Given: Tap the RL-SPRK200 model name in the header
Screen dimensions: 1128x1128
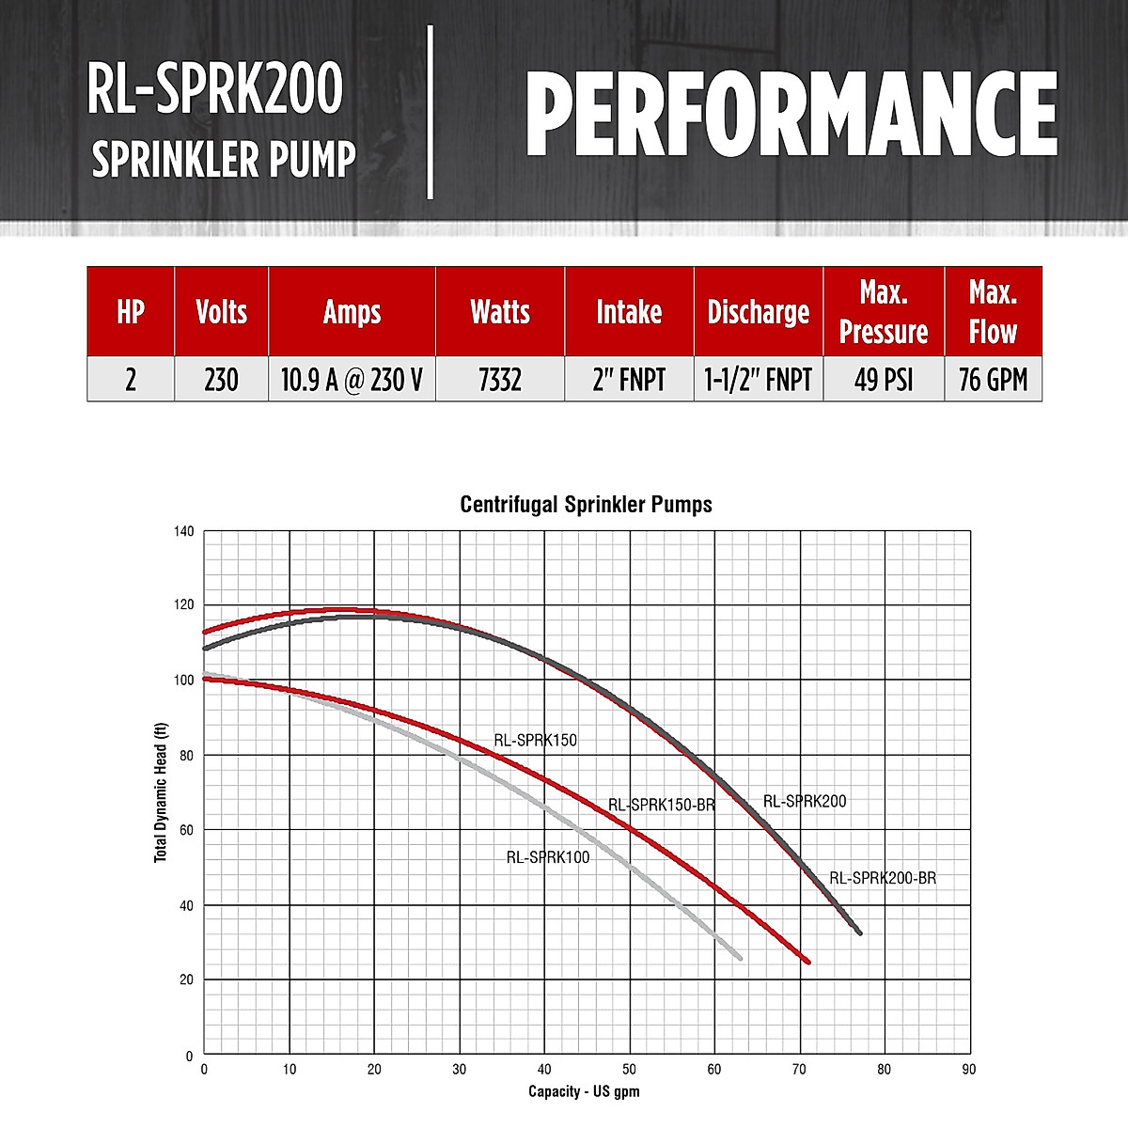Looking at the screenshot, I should point(215,90).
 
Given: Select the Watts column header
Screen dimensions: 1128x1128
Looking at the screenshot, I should point(500,312).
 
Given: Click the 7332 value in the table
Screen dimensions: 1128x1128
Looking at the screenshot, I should point(500,380).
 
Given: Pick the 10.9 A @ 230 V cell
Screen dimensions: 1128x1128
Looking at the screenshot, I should point(352,380).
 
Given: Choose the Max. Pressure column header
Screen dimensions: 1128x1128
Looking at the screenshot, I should point(884,312).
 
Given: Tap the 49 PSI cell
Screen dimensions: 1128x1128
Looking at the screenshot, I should point(884,380).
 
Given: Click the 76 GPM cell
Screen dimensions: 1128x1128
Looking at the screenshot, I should point(993,380).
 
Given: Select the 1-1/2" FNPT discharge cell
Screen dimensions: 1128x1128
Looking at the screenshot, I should point(759,380).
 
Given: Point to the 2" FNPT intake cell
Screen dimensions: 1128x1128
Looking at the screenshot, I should point(629,380).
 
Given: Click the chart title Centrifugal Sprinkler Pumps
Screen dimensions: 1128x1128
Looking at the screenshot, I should point(586,505).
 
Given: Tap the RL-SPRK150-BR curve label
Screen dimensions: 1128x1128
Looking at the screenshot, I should point(662,806).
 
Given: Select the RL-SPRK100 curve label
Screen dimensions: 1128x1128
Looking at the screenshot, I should point(548,857).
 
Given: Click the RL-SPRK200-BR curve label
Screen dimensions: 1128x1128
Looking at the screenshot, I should point(883,879).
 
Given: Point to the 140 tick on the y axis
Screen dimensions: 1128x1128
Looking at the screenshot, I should point(184,532).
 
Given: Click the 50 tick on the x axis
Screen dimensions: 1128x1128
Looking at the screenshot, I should point(630,1070).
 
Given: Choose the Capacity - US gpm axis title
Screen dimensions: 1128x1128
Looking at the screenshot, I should point(584,1091).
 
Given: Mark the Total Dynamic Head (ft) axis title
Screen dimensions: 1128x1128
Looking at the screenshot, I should point(161,791).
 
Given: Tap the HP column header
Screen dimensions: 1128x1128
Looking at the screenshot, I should point(131,312).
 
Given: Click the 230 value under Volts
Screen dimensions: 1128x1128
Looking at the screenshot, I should point(221,380).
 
